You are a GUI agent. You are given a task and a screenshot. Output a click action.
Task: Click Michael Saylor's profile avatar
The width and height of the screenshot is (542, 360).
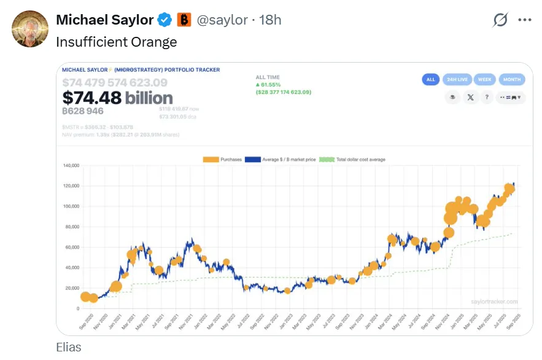click(x=29, y=29)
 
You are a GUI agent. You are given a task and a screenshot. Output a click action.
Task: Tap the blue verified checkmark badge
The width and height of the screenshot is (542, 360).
click(x=165, y=20)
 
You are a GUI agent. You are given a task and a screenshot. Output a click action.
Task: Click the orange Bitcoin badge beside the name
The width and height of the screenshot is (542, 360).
click(x=184, y=20)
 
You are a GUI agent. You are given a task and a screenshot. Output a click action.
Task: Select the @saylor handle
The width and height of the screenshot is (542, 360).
click(x=223, y=20)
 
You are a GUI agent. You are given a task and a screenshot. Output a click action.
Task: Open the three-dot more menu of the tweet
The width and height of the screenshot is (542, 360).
click(x=524, y=20)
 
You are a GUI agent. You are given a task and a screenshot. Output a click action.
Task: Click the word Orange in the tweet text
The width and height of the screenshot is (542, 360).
click(x=157, y=42)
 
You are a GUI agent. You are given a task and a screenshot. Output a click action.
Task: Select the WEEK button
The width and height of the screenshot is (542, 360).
click(x=484, y=79)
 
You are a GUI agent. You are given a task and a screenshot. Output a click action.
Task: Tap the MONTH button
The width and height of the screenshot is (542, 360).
click(x=512, y=79)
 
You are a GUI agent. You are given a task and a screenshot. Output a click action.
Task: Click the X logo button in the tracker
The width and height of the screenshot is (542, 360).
click(x=470, y=97)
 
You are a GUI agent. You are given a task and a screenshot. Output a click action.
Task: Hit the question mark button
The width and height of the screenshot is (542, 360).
click(x=486, y=97)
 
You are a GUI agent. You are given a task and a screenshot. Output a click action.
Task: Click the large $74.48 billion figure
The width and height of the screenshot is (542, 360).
click(x=117, y=98)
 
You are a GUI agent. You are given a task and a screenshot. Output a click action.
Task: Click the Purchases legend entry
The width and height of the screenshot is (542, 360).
click(x=223, y=160)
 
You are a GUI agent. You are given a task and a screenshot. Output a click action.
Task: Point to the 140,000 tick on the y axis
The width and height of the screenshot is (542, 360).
click(x=72, y=166)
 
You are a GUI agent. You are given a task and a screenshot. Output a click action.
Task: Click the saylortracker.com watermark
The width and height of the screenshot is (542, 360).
click(x=494, y=302)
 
